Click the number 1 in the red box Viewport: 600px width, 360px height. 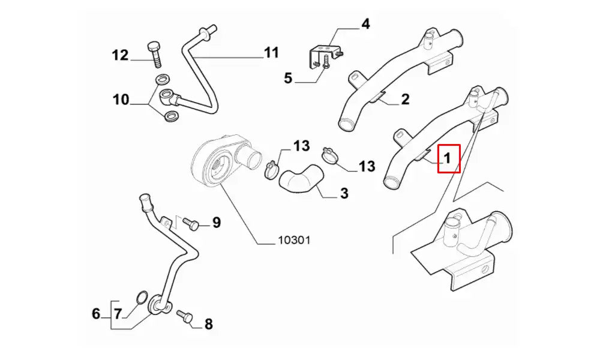coord(448,158)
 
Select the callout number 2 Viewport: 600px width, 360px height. coord(405,99)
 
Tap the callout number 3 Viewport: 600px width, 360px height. coord(344,193)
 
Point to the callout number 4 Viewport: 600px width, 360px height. coord(365,25)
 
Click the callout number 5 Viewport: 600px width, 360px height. coord(288,78)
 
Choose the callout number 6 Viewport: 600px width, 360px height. coord(96,313)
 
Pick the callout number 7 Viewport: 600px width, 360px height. coord(118,313)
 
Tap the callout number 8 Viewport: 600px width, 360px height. coord(208,325)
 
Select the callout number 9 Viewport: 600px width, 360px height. coord(216,223)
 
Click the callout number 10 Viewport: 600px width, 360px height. coord(121,99)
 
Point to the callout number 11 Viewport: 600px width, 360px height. coord(272,53)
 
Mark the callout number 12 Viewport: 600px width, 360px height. coord(120,55)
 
